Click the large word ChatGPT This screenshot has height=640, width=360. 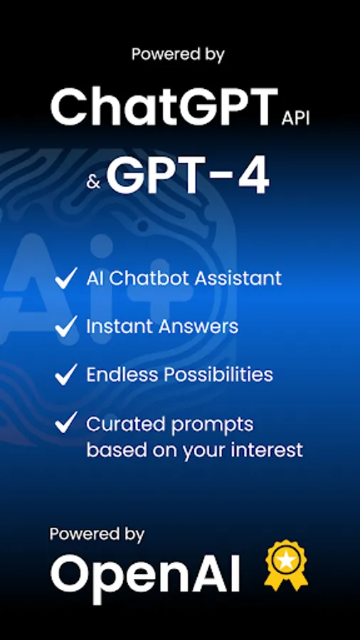point(163,108)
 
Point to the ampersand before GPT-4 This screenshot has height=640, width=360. point(93,183)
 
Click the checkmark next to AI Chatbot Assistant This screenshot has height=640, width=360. point(66,278)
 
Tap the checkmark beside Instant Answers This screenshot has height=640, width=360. point(66,326)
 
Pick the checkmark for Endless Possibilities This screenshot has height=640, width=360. point(66,375)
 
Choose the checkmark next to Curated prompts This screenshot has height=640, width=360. point(66,424)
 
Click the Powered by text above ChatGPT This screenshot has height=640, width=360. point(178,54)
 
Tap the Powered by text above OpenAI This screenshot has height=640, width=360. point(97,533)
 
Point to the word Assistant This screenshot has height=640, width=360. point(240,278)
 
